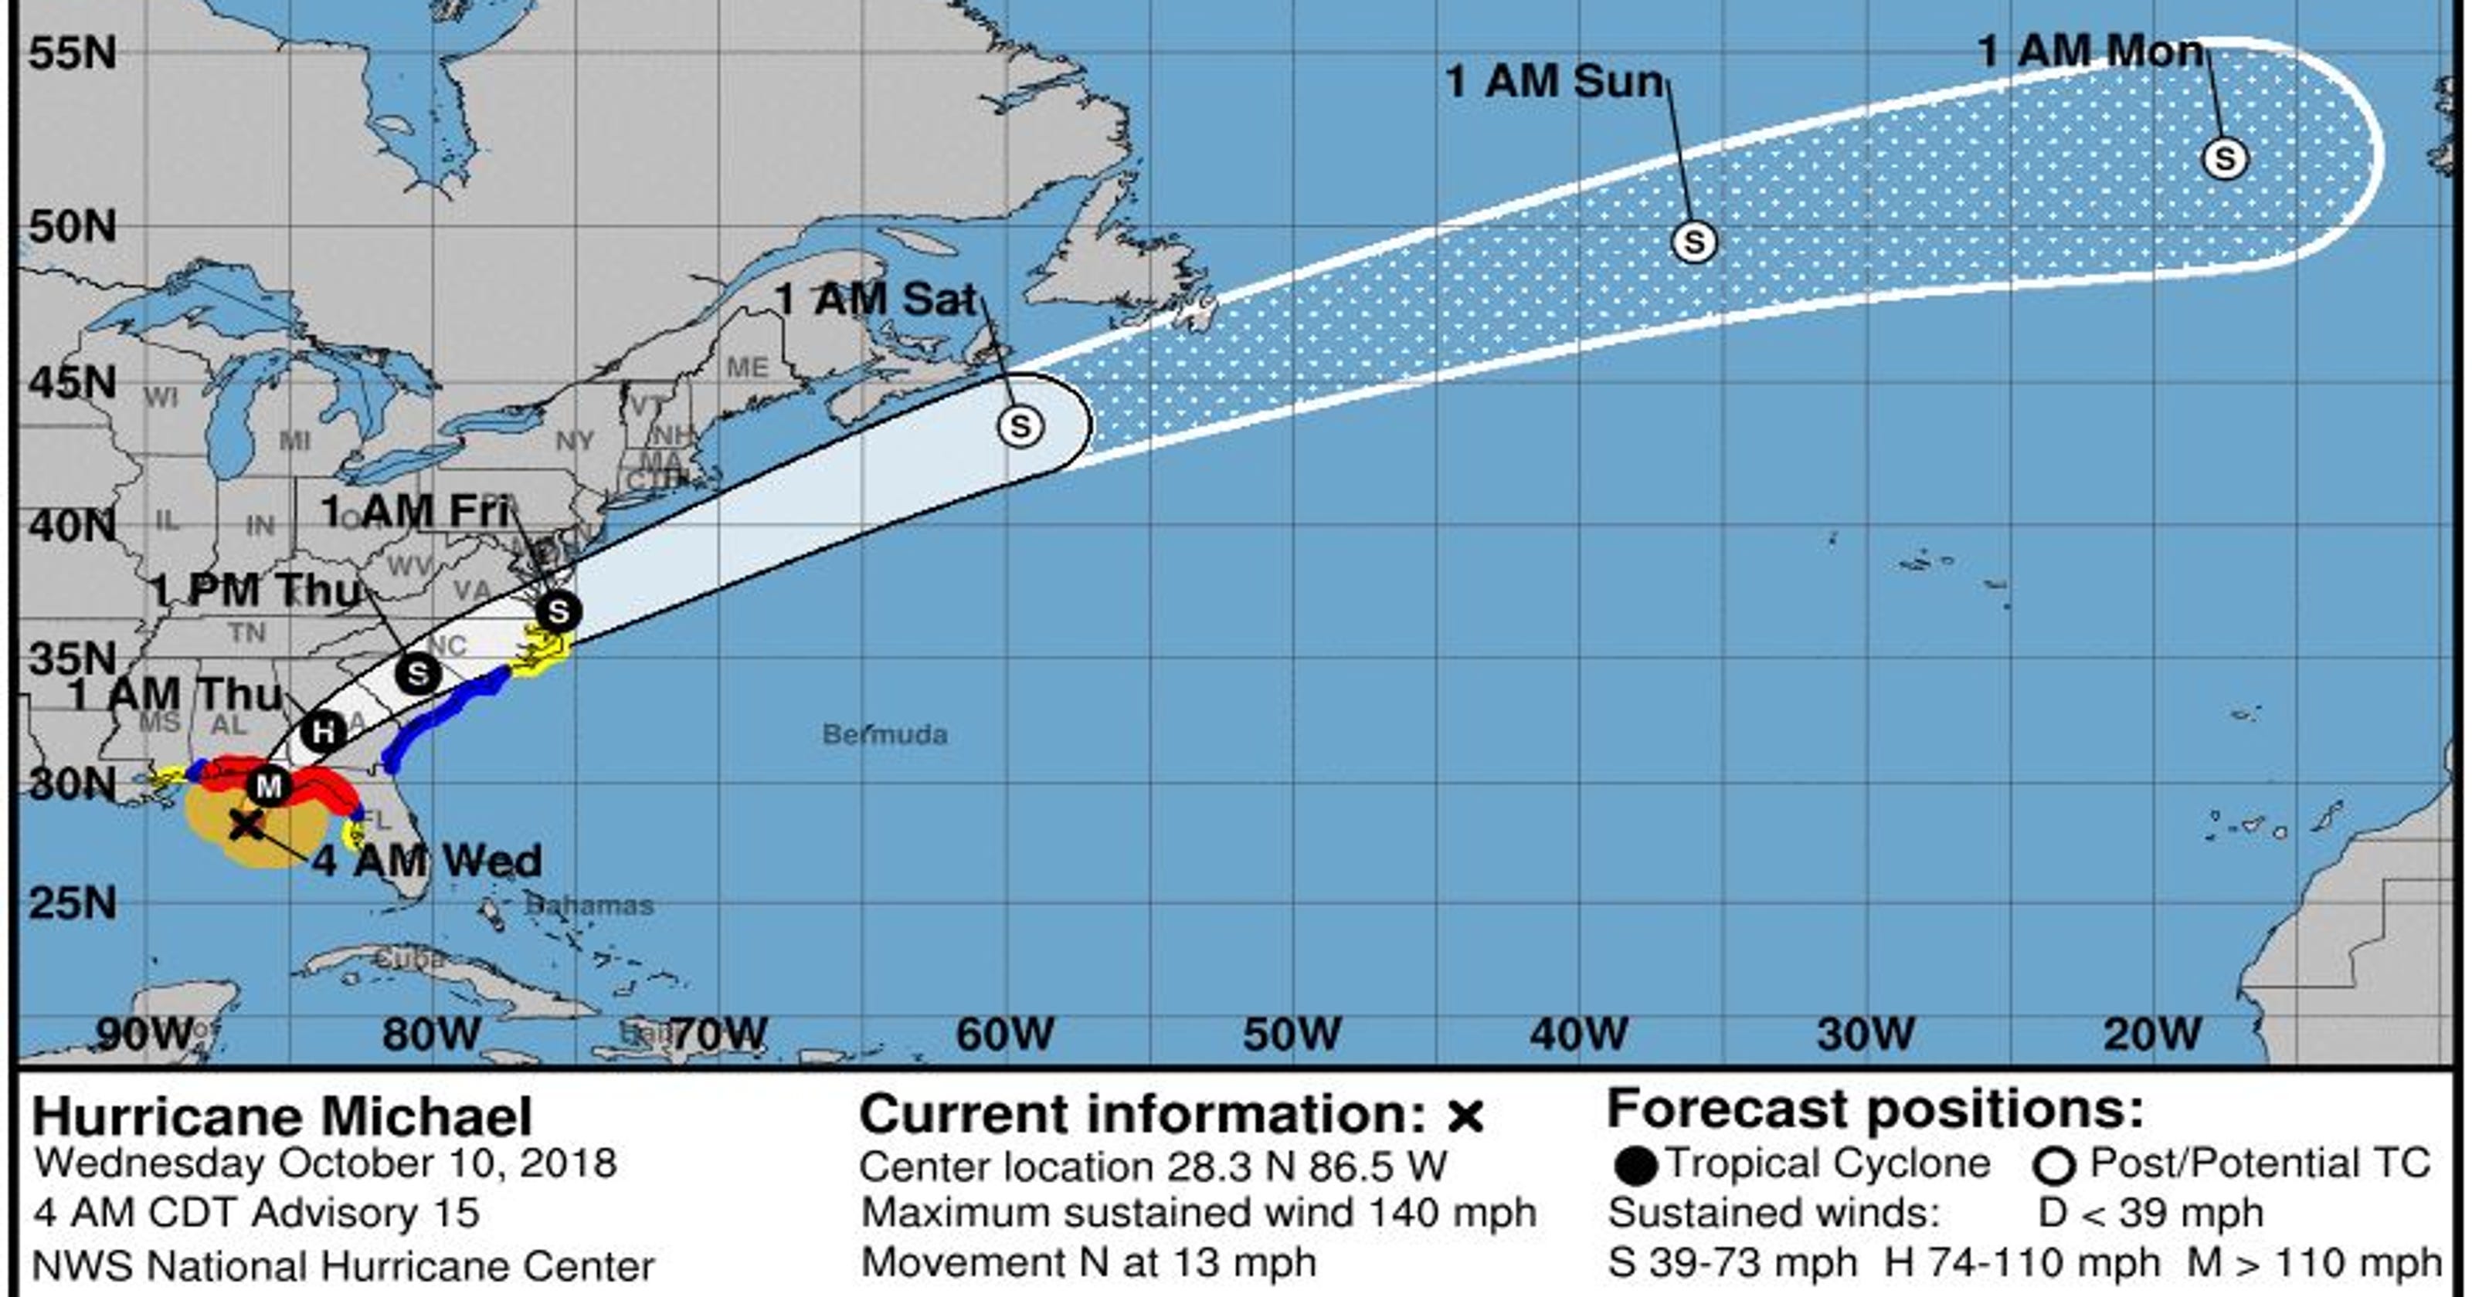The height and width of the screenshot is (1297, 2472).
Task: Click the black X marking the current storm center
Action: click(246, 823)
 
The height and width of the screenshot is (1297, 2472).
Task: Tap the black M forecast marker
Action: click(269, 787)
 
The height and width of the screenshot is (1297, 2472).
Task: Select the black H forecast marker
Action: click(324, 733)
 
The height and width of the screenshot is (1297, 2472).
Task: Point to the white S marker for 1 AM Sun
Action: click(1694, 242)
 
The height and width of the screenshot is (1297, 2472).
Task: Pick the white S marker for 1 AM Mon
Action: click(2225, 158)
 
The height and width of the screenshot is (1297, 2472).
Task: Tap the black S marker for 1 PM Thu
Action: click(417, 673)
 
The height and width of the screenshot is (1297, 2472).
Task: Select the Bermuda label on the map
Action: click(885, 735)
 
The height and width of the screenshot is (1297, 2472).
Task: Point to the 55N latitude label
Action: click(72, 52)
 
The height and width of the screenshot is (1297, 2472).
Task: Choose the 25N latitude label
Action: click(72, 902)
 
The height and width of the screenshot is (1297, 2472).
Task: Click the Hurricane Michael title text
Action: click(282, 1116)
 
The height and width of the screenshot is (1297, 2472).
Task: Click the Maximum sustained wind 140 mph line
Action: click(1197, 1213)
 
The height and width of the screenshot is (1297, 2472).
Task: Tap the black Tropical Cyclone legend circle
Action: click(1635, 1167)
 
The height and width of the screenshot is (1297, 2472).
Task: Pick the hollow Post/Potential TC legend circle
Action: click(2053, 1167)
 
